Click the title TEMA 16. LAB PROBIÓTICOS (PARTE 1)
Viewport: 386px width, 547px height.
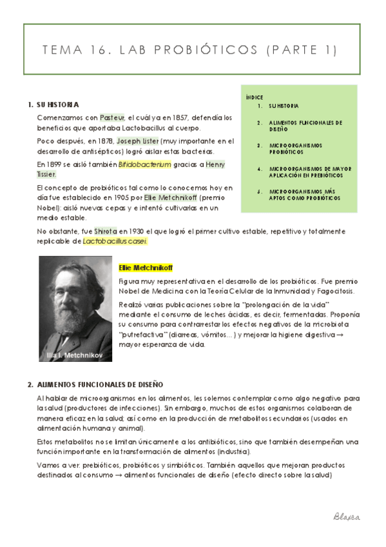pos(193,50)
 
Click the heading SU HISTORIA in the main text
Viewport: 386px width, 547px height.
pos(58,104)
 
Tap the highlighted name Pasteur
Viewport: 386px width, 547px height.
pos(113,117)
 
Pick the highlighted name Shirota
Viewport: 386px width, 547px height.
pos(106,231)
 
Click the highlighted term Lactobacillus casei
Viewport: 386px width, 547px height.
pos(115,241)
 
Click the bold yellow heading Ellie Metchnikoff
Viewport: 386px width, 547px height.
pos(146,267)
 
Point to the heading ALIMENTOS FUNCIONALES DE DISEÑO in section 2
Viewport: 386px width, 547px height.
pos(100,384)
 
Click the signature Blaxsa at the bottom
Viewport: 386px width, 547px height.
pos(347,517)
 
